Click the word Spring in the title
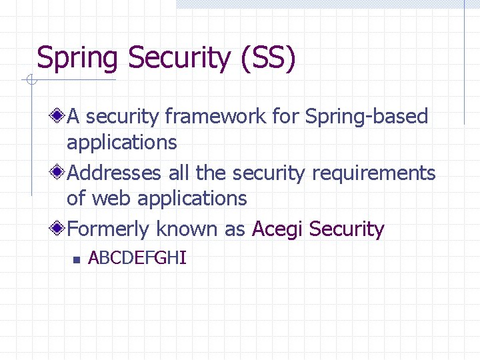77,59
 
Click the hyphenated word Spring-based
367,117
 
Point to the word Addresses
114,173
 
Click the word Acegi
277,229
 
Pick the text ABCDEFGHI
137,258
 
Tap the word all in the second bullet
179,173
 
